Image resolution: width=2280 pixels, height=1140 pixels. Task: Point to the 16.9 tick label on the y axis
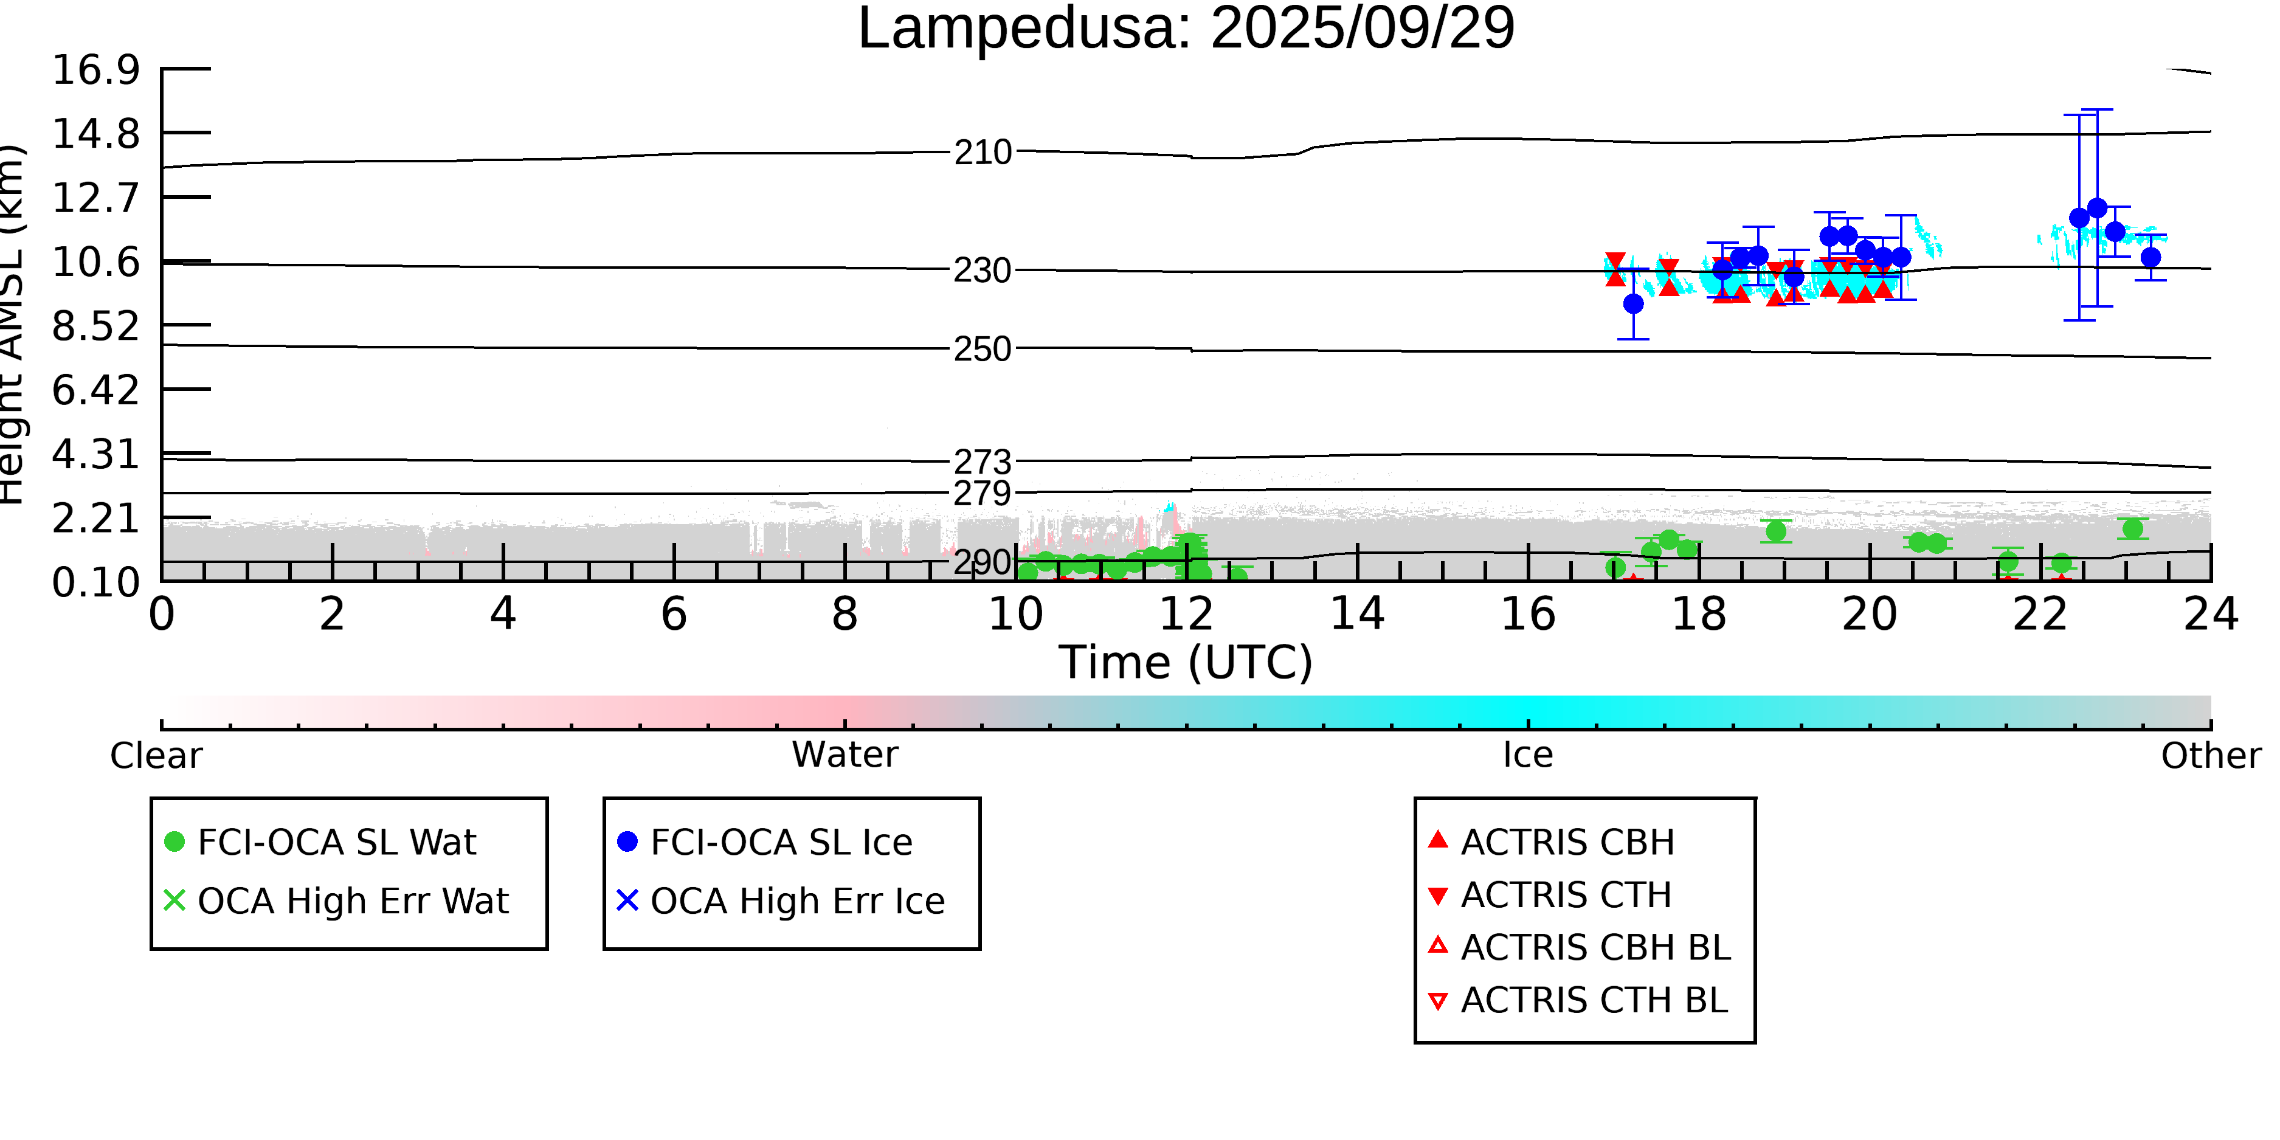[95, 70]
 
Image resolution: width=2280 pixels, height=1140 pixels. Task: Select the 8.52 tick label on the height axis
[95, 326]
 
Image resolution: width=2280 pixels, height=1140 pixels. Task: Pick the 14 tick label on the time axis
[1357, 614]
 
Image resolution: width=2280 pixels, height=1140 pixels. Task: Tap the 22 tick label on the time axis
[2040, 614]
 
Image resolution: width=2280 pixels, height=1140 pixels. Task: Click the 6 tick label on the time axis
[674, 614]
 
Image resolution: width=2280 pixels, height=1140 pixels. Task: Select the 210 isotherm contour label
[983, 152]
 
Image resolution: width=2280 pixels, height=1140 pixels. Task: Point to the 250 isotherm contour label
[983, 350]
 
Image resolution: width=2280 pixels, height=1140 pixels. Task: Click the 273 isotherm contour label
[983, 461]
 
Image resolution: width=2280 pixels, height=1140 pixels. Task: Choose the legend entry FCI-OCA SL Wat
[336, 841]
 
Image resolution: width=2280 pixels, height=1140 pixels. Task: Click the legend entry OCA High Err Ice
[796, 901]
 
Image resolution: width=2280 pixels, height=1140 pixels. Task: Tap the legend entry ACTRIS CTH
[1565, 895]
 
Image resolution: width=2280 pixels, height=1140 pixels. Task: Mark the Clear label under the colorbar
[156, 756]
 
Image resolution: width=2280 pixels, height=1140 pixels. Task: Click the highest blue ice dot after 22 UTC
[2097, 208]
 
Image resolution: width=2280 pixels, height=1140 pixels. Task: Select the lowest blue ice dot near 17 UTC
[1633, 303]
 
